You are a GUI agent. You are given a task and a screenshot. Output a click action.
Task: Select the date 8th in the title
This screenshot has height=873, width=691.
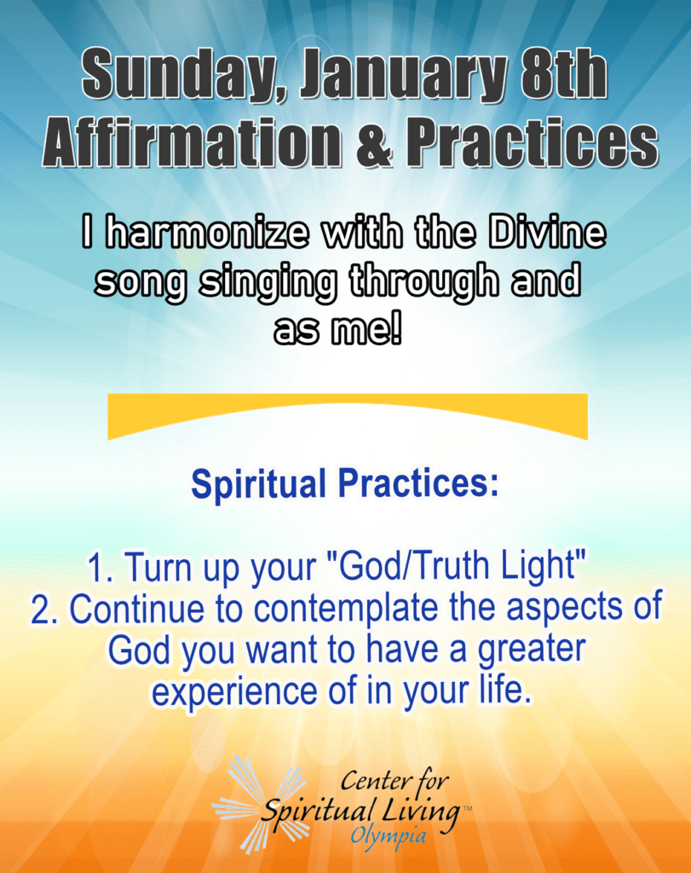coord(562,74)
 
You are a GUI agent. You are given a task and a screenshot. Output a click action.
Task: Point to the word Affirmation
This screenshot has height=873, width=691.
coord(192,142)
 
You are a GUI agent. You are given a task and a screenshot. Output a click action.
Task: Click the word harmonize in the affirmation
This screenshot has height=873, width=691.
coord(206,233)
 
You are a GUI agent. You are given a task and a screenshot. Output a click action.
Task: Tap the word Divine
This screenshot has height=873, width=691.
coord(548,233)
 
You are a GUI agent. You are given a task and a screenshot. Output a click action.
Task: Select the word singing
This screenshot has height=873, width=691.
coord(268,283)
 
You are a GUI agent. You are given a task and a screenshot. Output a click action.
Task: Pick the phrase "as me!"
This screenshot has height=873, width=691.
coord(338,332)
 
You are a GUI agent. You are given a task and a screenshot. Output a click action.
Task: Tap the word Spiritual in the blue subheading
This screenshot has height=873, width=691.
coord(258,484)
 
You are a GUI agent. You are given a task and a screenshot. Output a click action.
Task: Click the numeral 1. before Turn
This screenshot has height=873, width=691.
coord(101,568)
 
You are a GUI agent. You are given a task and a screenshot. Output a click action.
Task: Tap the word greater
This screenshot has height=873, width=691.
coord(532,651)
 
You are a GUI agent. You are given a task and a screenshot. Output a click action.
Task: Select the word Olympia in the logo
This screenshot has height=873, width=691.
coord(389,835)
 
